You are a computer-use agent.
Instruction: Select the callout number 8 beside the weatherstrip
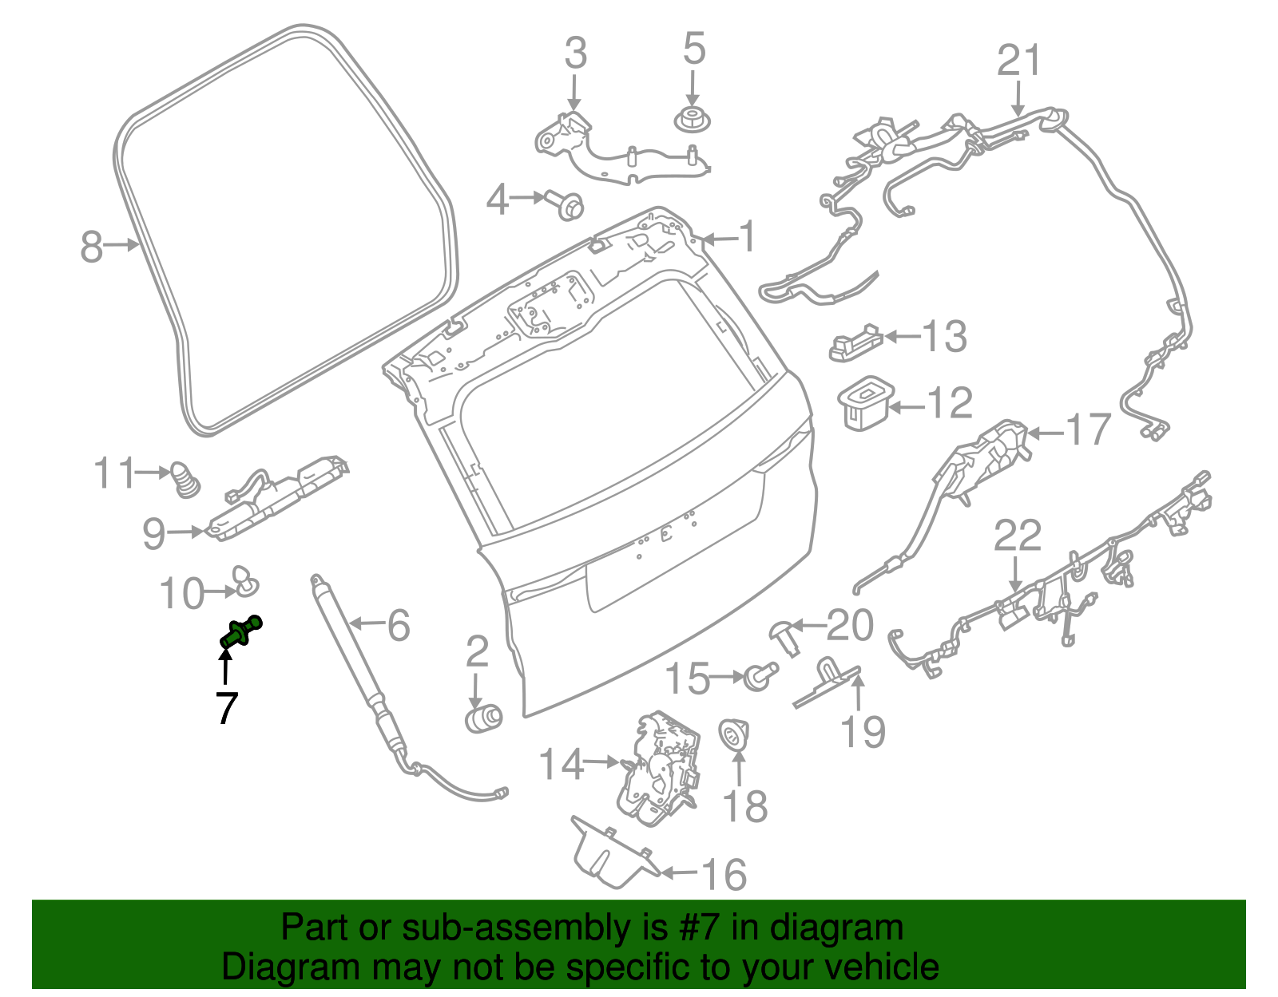tap(92, 246)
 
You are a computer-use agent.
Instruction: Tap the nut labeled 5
tap(692, 121)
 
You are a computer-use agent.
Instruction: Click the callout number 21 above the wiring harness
tap(1019, 61)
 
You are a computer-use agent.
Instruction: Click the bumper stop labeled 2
tap(482, 717)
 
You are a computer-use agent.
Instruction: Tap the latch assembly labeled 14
tap(660, 768)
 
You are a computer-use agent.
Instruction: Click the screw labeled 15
tap(758, 676)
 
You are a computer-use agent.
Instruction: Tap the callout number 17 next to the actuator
tap(1089, 431)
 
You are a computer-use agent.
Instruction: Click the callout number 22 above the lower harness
tap(1017, 536)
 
